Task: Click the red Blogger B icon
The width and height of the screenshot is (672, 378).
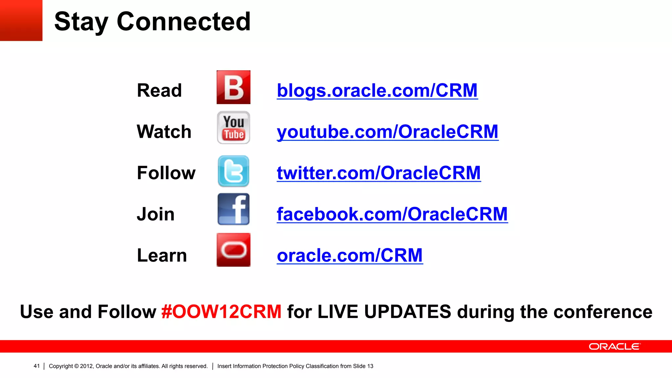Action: (x=233, y=87)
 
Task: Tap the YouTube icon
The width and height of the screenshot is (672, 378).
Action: (x=233, y=128)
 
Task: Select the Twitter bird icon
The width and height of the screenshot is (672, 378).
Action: (x=233, y=171)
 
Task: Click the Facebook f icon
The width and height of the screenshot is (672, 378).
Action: (x=233, y=209)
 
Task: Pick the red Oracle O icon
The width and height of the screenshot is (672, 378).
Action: (x=233, y=250)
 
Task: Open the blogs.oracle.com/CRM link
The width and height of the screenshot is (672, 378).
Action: (x=377, y=91)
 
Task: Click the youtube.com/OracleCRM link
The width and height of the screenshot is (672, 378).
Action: (x=388, y=132)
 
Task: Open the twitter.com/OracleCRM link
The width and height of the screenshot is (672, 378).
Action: (x=379, y=173)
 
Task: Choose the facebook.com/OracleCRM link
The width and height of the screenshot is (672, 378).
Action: (x=392, y=214)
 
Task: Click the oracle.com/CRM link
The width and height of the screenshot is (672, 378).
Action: (x=350, y=255)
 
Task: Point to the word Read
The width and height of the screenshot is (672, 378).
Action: (x=159, y=91)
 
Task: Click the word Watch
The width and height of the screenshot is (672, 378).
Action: (x=164, y=132)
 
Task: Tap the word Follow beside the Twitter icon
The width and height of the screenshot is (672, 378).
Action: (x=166, y=173)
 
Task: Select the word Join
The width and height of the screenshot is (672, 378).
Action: (x=156, y=214)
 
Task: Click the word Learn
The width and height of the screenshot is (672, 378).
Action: (x=162, y=256)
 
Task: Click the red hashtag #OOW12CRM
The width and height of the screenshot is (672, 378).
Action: (x=221, y=312)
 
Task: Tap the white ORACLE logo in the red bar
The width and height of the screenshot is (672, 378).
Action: (x=614, y=346)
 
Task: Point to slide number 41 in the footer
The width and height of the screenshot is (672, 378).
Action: (x=36, y=366)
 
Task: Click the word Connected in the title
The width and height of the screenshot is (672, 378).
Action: (x=184, y=22)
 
